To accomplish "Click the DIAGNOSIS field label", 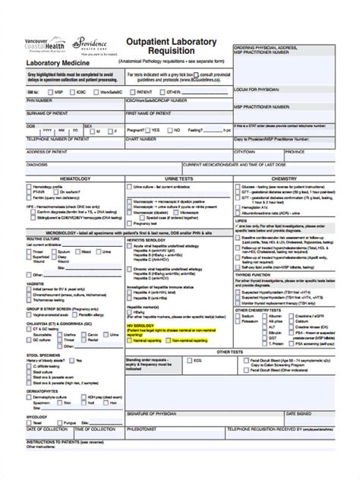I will (37, 164).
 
